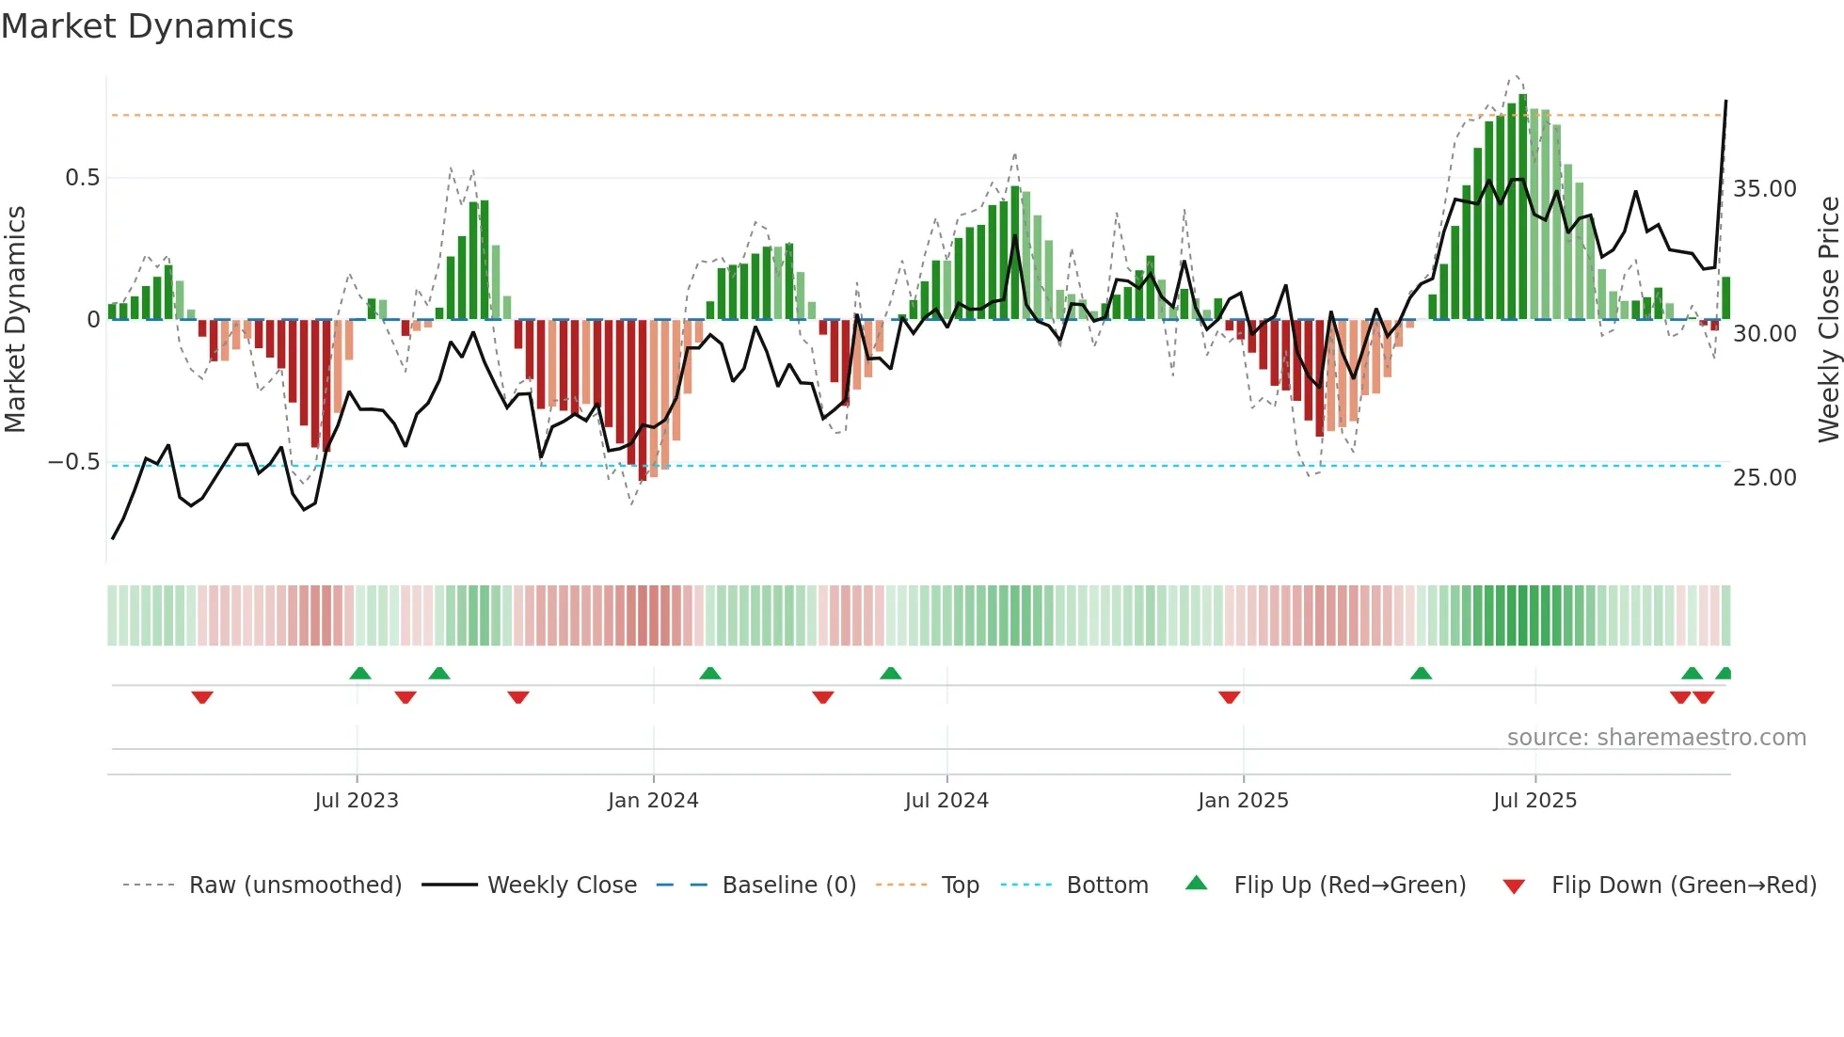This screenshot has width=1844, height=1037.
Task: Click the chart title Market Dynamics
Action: [x=147, y=26]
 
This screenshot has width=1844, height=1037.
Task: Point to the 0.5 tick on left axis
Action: [x=82, y=178]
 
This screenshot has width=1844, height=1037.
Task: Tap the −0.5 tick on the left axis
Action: [x=74, y=462]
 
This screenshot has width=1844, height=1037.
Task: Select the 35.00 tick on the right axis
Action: [x=1765, y=189]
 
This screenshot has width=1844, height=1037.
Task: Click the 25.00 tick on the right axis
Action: [x=1765, y=478]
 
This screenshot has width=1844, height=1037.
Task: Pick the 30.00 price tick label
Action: [x=1765, y=334]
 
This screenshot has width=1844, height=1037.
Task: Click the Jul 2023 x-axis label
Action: [x=357, y=801]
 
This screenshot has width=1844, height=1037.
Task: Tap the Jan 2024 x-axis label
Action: [x=653, y=801]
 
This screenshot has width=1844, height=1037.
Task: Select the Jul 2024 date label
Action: [x=946, y=801]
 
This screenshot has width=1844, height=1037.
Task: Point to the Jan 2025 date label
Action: [x=1243, y=801]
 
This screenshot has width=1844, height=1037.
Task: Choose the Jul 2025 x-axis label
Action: [x=1534, y=801]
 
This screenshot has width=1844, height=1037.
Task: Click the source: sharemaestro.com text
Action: [x=1656, y=738]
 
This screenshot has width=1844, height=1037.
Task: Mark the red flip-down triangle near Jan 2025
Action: [x=1229, y=697]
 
